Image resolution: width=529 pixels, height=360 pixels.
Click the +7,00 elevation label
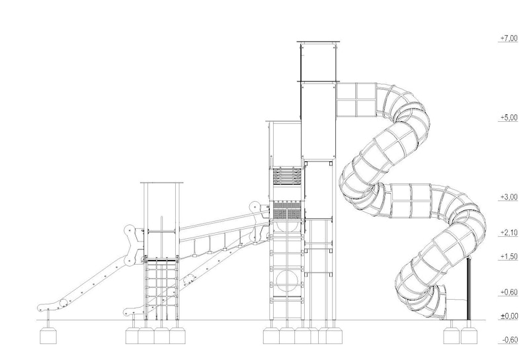[x=509, y=38]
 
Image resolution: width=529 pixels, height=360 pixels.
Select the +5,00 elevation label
[x=509, y=118]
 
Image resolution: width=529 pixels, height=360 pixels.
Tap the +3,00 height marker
[x=509, y=197]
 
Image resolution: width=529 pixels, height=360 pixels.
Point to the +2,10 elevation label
[x=509, y=233]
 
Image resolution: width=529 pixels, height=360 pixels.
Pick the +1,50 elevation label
[x=509, y=257]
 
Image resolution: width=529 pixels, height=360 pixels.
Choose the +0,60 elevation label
[x=509, y=292]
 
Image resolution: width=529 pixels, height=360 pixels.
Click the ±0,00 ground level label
[x=509, y=316]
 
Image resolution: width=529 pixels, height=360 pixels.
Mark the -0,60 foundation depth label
[x=509, y=339]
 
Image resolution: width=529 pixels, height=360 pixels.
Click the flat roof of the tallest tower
[x=318, y=42]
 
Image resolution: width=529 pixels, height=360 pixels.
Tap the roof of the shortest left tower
[x=162, y=183]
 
